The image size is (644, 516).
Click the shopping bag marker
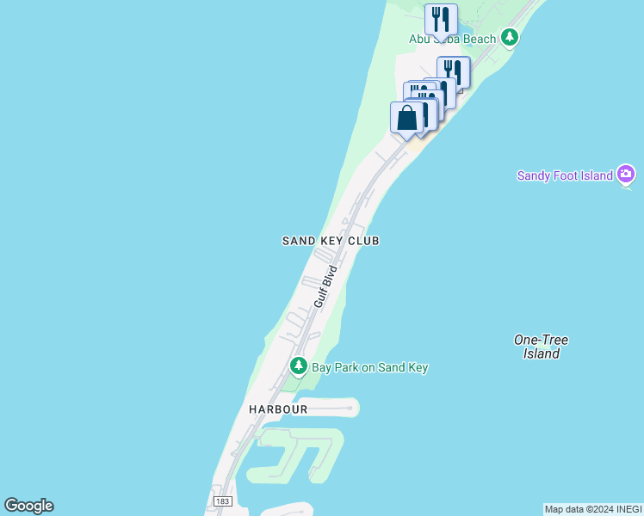[x=406, y=118]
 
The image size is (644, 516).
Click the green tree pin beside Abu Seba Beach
[x=511, y=37]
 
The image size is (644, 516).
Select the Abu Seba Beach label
[x=452, y=39]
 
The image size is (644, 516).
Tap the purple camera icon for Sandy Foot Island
[x=626, y=175]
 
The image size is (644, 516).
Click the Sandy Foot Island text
[x=565, y=175]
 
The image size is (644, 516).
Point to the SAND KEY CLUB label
[x=331, y=241]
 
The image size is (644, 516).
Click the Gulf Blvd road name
[x=325, y=286]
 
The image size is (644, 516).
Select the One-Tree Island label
[x=541, y=347]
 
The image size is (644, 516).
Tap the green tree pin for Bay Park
[x=299, y=366]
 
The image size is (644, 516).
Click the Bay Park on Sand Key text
[x=369, y=367]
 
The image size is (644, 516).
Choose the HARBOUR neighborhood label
[x=278, y=409]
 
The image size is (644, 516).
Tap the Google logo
[x=28, y=506]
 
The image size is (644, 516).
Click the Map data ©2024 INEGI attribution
[x=593, y=509]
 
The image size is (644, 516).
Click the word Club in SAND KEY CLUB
[x=364, y=241]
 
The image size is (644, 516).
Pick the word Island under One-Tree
[x=542, y=353]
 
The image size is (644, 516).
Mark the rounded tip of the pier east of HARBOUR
[x=353, y=406]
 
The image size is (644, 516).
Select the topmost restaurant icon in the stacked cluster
[x=454, y=72]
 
